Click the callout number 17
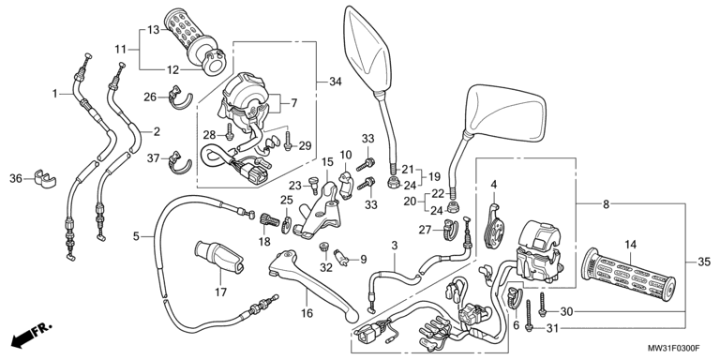[221, 292]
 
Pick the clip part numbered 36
[45, 179]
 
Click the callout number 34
[336, 82]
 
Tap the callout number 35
[703, 262]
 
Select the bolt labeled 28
[229, 133]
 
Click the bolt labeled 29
[288, 141]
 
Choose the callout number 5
[136, 236]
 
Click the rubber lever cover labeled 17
[219, 256]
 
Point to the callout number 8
[607, 204]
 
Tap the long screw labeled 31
[529, 315]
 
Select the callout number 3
[394, 246]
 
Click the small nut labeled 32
[323, 247]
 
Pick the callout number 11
[120, 49]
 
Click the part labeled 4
[494, 225]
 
